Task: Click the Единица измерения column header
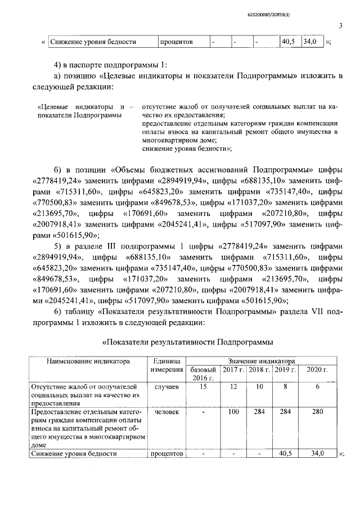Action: point(166,365)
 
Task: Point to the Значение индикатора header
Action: point(260,361)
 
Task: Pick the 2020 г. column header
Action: point(317,370)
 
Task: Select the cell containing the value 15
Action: point(203,387)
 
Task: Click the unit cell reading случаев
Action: point(166,387)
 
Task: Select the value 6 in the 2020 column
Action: point(317,387)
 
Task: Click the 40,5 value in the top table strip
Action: point(289,42)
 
